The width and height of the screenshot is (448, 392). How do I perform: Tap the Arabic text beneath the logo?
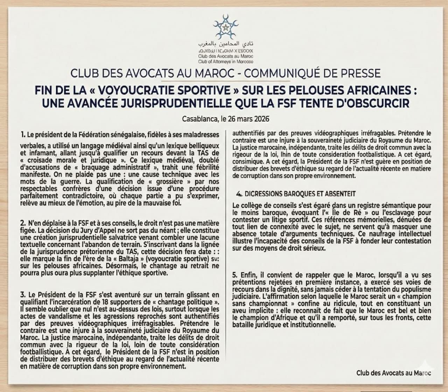[x=226, y=45]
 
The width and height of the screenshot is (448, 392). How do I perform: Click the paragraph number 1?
[x=23, y=134]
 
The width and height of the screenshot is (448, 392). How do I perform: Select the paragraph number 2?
[x=23, y=223]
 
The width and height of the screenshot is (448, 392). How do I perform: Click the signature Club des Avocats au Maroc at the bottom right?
[x=394, y=373]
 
